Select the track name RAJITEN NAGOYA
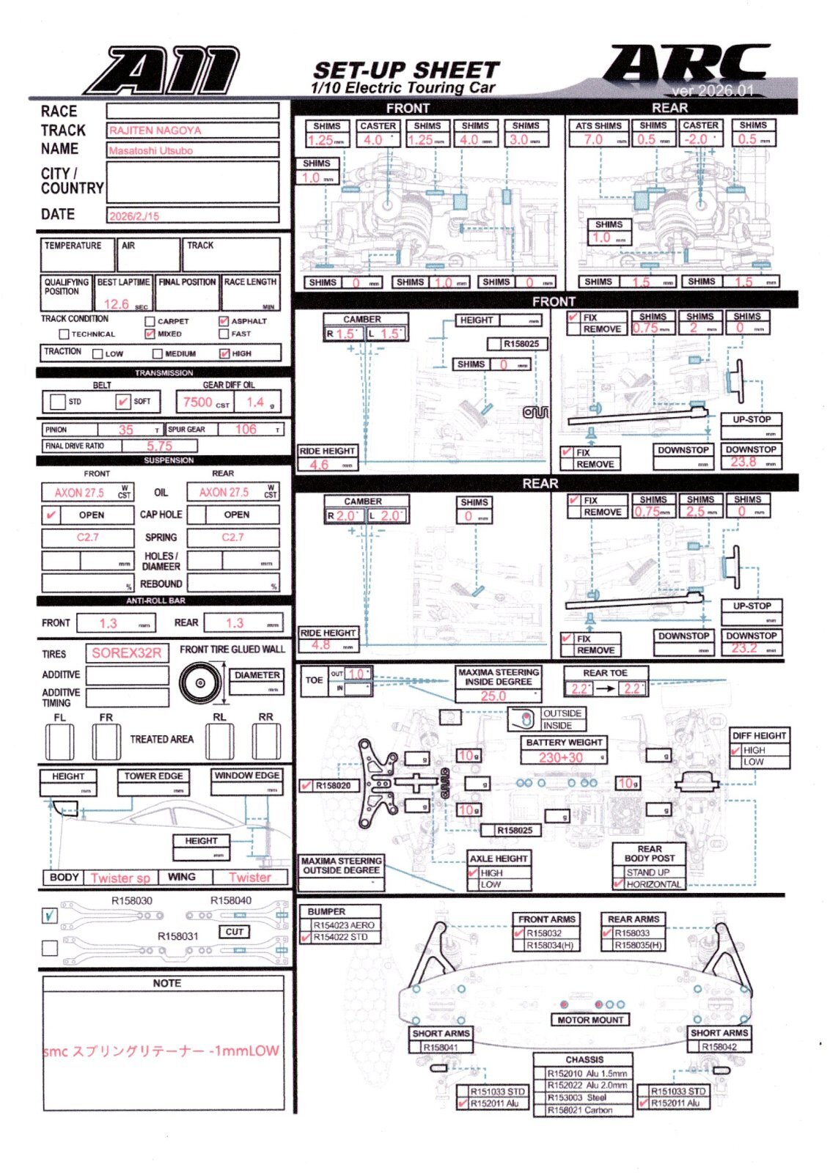pos(155,130)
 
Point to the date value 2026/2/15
pos(134,216)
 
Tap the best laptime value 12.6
pos(116,304)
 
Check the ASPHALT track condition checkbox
pos(224,321)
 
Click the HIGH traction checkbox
pos(224,353)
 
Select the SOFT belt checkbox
pos(122,402)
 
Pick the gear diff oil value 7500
pos(197,402)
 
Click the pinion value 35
pos(126,430)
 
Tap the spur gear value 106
pos(246,430)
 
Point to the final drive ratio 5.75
pos(159,446)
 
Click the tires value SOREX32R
pos(126,652)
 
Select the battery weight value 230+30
pos(561,757)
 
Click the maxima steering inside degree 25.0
pos(493,696)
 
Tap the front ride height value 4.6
pos(319,464)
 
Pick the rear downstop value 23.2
pos(743,648)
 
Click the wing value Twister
pos(249,878)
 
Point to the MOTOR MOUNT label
pos(590,1020)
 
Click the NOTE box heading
pos(166,983)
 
